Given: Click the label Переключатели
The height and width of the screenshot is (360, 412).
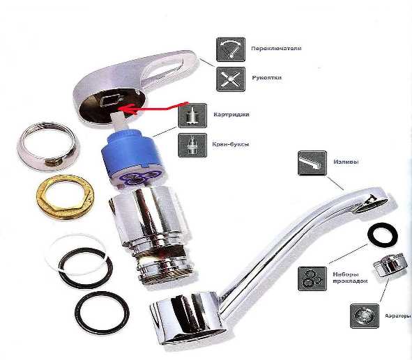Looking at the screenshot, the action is tap(276, 49).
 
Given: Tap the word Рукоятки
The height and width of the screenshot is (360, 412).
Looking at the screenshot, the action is tap(267, 78).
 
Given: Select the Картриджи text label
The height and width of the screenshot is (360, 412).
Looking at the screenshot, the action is tap(231, 115).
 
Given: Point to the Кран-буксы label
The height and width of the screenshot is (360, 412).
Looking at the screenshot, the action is tap(231, 144).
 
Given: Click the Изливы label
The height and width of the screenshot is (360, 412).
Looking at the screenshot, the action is tap(346, 162).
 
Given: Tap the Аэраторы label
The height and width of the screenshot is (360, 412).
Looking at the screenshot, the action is tap(398, 315).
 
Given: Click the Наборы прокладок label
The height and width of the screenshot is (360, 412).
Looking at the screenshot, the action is tap(350, 278).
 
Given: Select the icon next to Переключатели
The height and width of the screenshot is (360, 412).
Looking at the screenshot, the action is tap(231, 49).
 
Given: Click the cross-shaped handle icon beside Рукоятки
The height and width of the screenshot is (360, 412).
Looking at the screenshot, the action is tap(231, 79).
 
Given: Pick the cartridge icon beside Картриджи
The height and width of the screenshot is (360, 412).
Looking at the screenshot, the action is tap(192, 116).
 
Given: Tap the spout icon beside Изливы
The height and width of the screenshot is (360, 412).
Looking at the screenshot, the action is tap(312, 163).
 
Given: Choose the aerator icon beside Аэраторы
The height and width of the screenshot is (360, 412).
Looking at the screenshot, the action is tap(365, 316).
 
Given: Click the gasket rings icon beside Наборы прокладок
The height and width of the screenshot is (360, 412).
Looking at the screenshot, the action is tap(312, 279).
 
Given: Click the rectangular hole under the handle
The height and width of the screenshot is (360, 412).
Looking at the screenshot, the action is tap(111, 101).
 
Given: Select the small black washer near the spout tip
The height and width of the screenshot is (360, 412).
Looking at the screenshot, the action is tap(383, 235).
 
